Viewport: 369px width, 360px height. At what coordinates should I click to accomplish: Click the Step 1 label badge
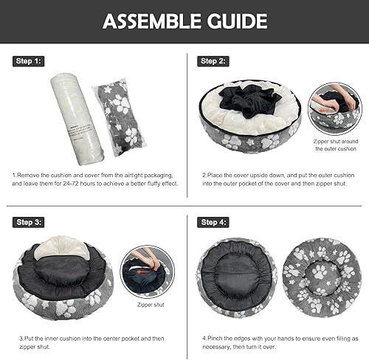[29, 61]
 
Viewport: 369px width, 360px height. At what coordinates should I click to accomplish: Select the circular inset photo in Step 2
[335, 108]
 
